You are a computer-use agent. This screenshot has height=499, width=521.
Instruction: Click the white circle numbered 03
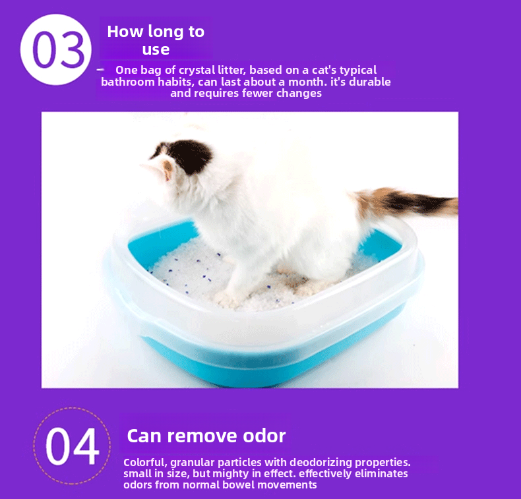[55, 49]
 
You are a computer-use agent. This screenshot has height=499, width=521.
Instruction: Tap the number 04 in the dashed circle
[72, 446]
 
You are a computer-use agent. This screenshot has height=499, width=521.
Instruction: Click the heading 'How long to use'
[156, 40]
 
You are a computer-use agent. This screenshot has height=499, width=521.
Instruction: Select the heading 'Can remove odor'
[206, 436]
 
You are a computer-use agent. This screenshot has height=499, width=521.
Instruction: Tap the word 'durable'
[371, 82]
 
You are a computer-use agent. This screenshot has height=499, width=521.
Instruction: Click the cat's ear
[168, 166]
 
